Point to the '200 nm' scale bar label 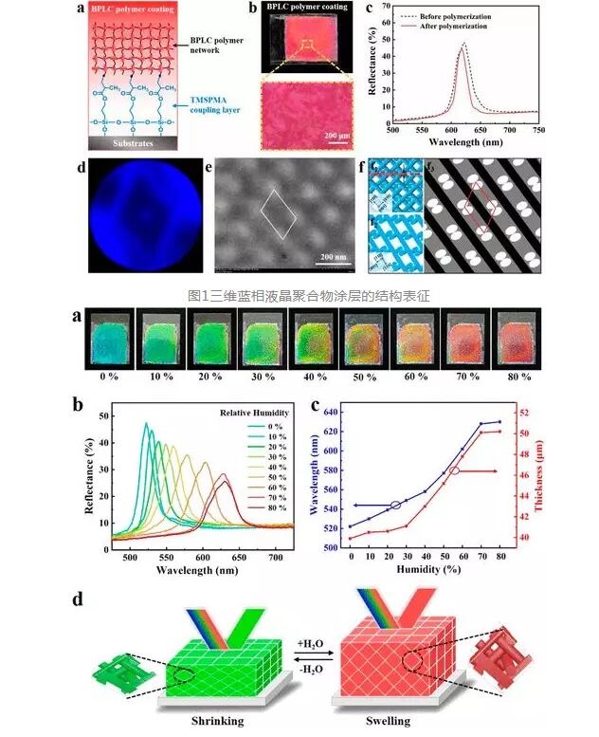click(x=332, y=257)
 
